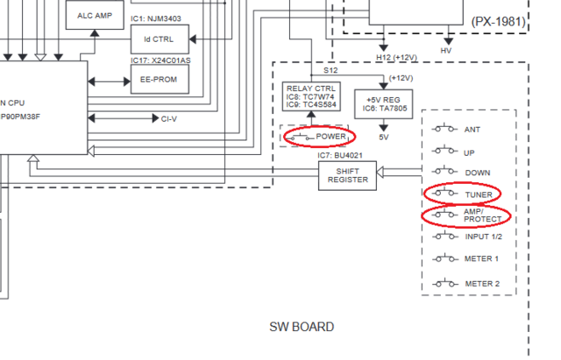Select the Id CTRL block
coord(159,39)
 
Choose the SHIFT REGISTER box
coord(346,174)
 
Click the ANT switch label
coord(473,129)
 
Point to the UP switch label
coord(470,151)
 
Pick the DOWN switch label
coord(478,172)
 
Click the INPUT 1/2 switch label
coord(483,236)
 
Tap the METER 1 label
coord(481,258)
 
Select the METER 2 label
coord(481,284)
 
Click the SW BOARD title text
coord(301,327)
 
